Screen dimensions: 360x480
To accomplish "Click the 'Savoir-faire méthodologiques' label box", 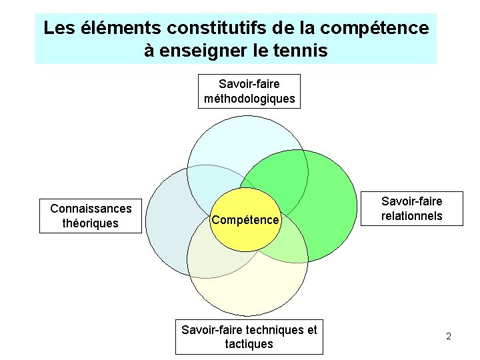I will point(249,91).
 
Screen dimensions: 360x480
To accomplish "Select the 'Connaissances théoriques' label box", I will point(91,215).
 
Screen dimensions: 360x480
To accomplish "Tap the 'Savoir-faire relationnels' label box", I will point(412,208).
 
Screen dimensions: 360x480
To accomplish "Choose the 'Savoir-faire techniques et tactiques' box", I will point(249,337).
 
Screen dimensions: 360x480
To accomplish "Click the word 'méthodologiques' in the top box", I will point(249,99).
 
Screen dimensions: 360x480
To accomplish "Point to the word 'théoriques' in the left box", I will point(90,223).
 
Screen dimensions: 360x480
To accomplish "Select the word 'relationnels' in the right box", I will point(412,215).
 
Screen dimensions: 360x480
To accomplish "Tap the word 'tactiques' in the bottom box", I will point(249,344).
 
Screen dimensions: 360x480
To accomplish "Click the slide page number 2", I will point(449,336).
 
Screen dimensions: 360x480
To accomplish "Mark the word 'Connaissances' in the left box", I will point(91,208).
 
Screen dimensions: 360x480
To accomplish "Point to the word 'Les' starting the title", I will point(58,29).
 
